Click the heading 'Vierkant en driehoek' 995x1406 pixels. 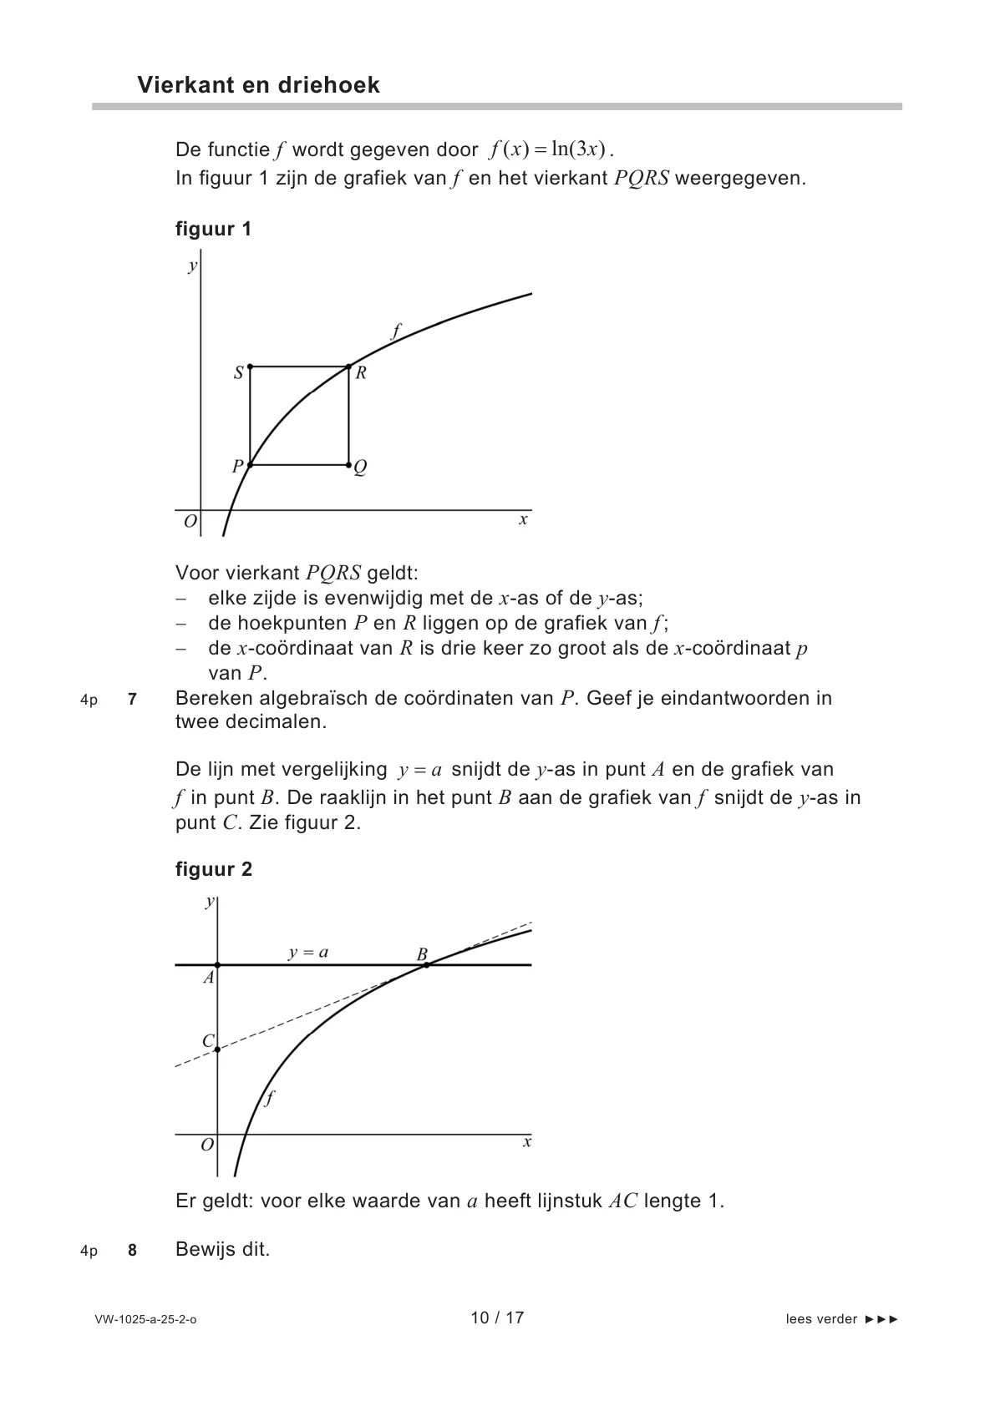tap(258, 85)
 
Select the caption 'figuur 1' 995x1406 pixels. tap(213, 229)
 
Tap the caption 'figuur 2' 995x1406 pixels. tap(213, 869)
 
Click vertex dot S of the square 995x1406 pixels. tap(251, 367)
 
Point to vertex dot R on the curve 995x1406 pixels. tap(348, 367)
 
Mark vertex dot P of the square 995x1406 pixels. tap(251, 464)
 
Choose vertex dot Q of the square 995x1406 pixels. tap(348, 464)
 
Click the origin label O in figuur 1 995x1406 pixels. tap(190, 522)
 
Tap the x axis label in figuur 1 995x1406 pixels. tap(523, 519)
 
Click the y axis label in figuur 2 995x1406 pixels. tap(209, 901)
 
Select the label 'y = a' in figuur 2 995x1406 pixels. tap(308, 952)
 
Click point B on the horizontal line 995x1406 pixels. tap(426, 964)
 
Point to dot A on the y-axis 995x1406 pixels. tap(217, 964)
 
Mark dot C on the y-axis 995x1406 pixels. tap(217, 1049)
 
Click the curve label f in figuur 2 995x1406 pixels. tap(268, 1098)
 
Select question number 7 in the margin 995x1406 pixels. tap(132, 699)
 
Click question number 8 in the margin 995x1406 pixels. tap(132, 1250)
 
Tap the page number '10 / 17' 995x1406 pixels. tap(497, 1317)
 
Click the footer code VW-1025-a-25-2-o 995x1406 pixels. tap(145, 1320)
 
